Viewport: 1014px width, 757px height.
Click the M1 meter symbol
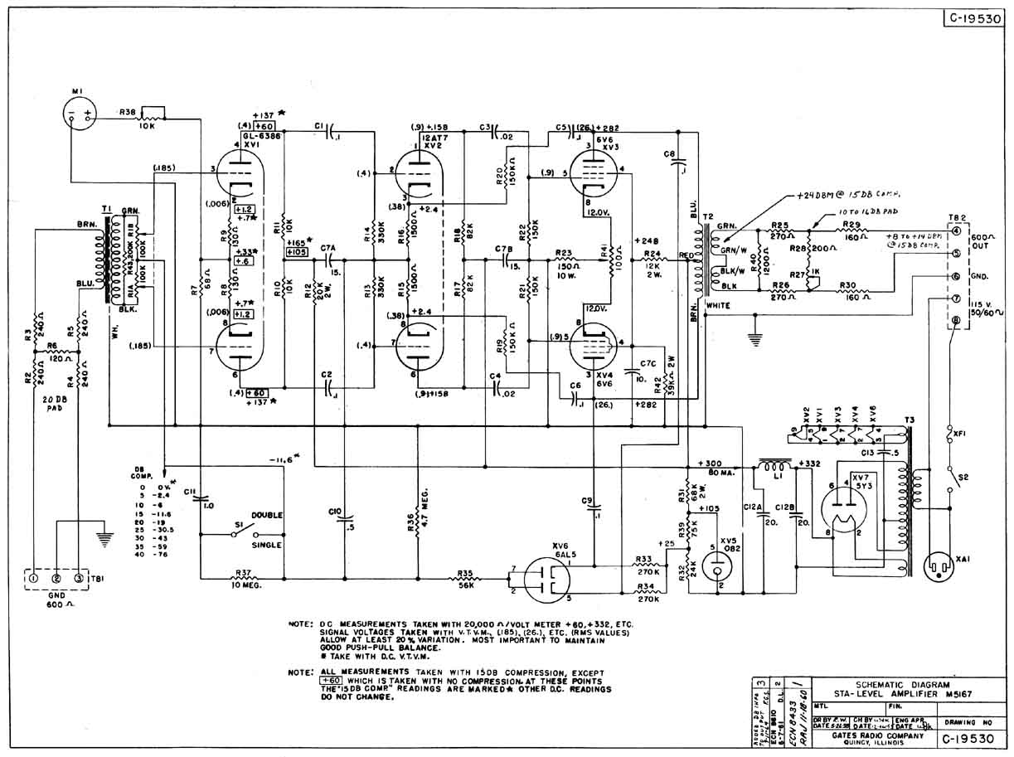[80, 114]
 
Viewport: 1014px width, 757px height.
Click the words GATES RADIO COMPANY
[867, 735]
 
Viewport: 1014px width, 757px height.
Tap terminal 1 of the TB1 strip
[34, 577]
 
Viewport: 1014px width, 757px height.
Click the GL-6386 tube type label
[261, 136]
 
